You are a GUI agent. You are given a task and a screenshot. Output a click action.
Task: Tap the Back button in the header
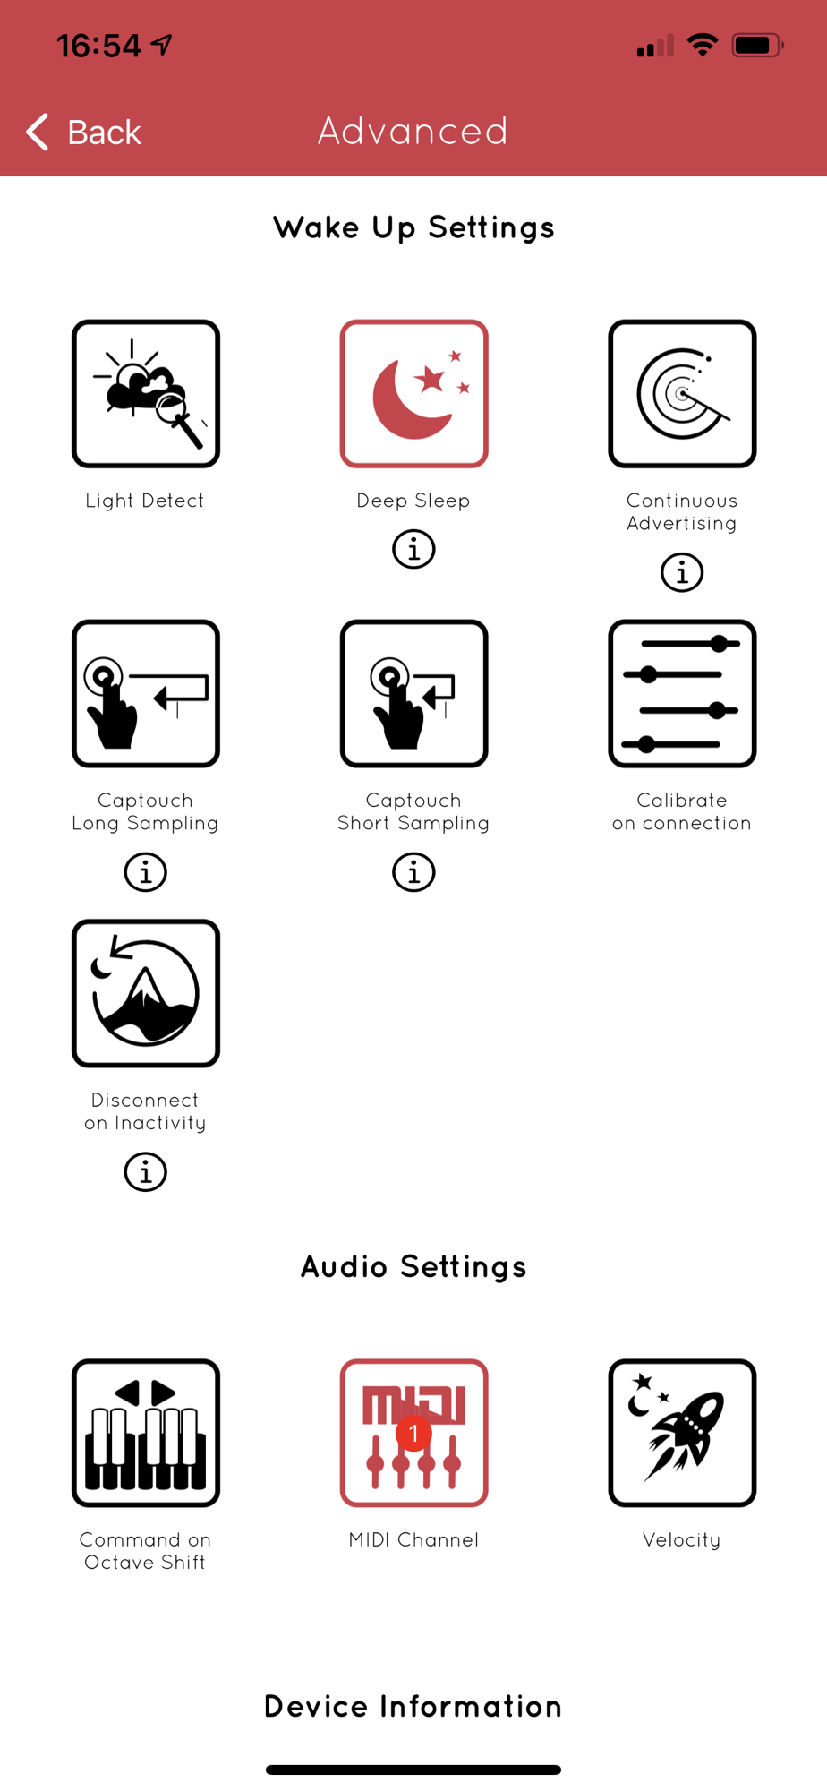(84, 133)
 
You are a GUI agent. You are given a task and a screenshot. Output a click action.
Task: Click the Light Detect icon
(146, 394)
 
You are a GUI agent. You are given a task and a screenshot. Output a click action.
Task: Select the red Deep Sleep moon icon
(413, 394)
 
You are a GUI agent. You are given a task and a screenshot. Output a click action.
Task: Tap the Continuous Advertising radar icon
(682, 394)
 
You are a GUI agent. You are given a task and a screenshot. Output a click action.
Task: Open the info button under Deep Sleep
(413, 549)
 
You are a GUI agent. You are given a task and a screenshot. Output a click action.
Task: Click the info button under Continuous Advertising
(682, 571)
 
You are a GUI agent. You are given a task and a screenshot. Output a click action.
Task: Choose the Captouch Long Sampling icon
(146, 694)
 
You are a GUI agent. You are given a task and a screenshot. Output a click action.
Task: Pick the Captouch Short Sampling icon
(413, 694)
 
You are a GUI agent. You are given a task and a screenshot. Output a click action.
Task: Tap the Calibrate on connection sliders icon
(682, 694)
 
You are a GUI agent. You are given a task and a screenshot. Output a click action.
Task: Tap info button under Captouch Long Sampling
(146, 871)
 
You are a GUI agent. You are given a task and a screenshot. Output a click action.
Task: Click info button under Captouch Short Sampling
(413, 871)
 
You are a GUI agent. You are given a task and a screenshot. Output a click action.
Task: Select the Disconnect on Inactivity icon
(146, 993)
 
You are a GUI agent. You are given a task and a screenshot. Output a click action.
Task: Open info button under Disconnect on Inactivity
(146, 1171)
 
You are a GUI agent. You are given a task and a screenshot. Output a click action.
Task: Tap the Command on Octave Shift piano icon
(146, 1433)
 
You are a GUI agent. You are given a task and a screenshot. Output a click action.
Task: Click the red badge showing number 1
(413, 1434)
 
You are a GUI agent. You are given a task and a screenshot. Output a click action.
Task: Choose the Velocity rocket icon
(682, 1433)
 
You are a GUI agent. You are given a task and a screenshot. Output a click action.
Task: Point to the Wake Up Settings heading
(413, 228)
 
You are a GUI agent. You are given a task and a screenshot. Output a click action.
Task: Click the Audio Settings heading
(413, 1267)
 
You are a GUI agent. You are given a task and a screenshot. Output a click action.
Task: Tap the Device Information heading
(413, 1706)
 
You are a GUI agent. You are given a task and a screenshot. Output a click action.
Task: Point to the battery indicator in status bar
(758, 45)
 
